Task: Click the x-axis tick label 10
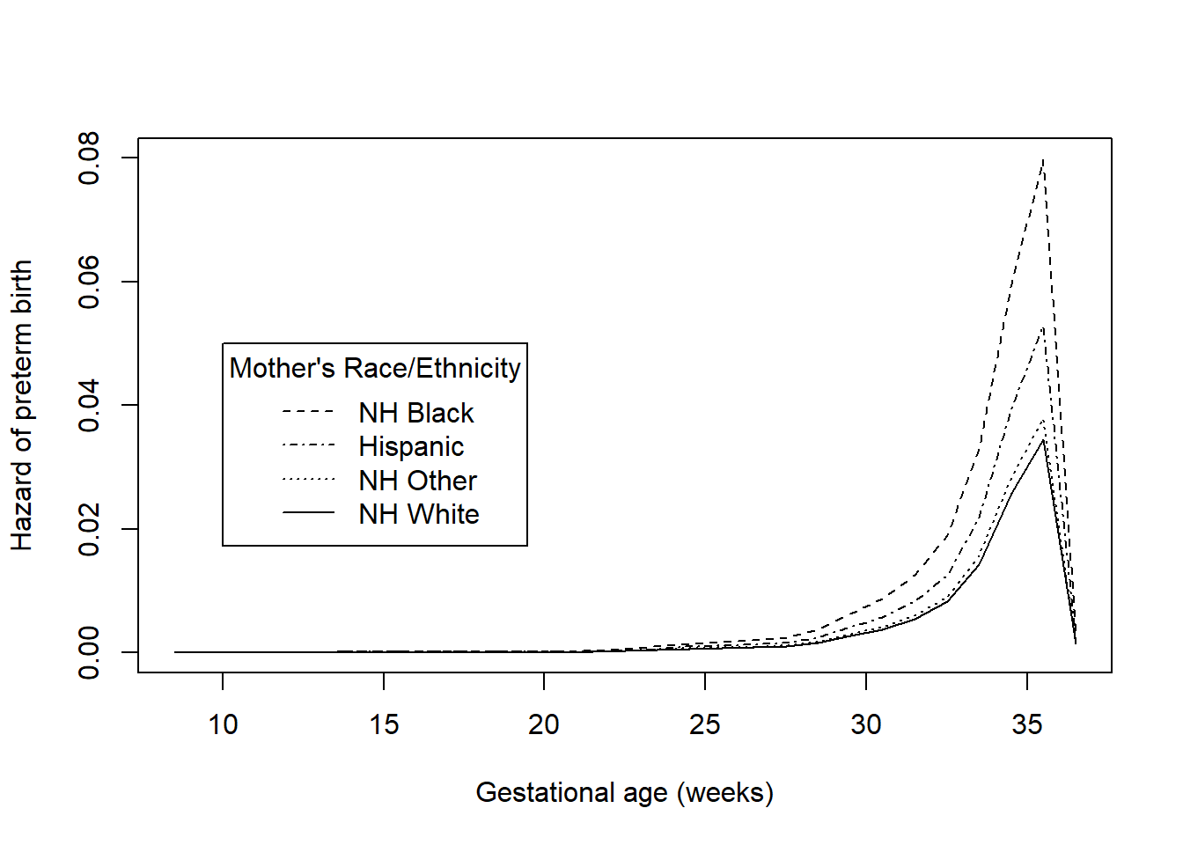(x=223, y=724)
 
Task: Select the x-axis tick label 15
(x=384, y=724)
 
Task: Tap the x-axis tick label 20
(x=544, y=724)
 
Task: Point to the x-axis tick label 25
(x=705, y=724)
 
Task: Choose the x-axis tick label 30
(x=866, y=724)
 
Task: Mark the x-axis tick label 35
(x=1027, y=724)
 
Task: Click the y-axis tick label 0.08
(x=89, y=158)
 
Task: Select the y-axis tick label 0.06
(x=89, y=282)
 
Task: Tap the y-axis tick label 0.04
(x=89, y=406)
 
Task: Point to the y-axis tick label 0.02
(x=89, y=529)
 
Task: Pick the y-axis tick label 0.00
(x=89, y=652)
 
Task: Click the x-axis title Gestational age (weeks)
(x=624, y=792)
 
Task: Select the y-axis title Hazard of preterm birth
(x=22, y=405)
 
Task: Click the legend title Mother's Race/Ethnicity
(x=375, y=368)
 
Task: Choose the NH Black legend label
(x=416, y=413)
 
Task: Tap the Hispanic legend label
(x=411, y=446)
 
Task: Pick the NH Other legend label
(x=417, y=481)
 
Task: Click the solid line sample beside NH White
(x=308, y=513)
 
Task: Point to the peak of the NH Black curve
(x=1043, y=159)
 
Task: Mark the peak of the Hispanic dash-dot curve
(x=1043, y=327)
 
